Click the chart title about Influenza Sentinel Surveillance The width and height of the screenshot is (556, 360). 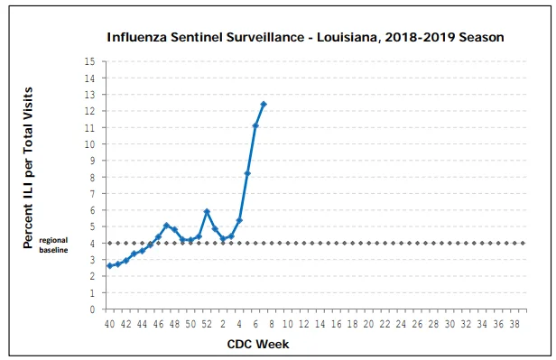(305, 37)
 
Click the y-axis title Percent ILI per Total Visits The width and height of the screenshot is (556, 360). (28, 168)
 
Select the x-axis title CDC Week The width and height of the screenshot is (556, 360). (258, 344)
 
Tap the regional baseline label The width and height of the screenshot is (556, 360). (53, 245)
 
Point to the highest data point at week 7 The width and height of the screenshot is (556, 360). (264, 104)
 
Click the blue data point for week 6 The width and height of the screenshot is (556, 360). (255, 125)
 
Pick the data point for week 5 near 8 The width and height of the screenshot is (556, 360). (247, 173)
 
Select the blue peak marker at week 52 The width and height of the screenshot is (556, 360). (207, 211)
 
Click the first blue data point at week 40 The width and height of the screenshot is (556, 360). (110, 266)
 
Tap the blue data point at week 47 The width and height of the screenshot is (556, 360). (167, 226)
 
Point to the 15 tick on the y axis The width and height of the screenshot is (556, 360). (89, 61)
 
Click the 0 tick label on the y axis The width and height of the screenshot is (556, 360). (93, 309)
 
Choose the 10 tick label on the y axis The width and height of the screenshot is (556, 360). (89, 144)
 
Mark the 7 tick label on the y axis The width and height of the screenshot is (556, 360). (93, 194)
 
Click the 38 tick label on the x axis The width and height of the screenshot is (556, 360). (514, 324)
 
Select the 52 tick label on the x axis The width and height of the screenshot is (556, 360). (207, 324)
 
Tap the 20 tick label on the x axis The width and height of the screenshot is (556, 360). (369, 324)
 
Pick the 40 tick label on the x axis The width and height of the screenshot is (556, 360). (110, 324)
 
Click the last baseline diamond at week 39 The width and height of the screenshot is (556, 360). (523, 243)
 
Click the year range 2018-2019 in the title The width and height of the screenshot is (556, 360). (420, 37)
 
